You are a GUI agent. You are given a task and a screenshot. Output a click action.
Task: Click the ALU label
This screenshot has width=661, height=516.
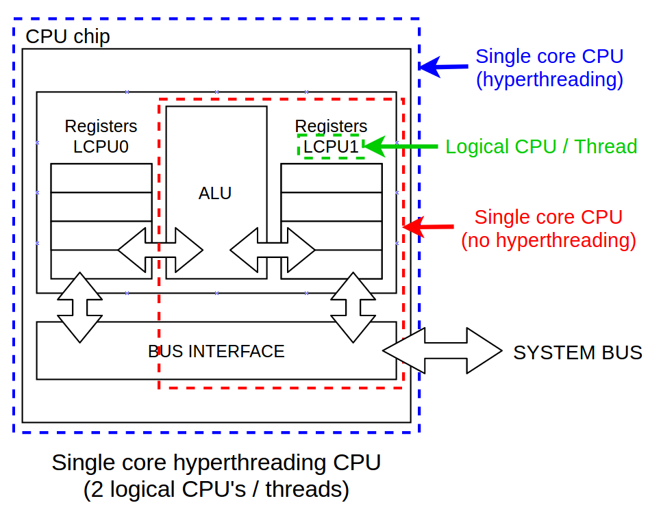pyautogui.click(x=215, y=194)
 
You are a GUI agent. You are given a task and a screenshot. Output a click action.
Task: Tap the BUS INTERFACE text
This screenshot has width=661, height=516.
pyautogui.click(x=216, y=351)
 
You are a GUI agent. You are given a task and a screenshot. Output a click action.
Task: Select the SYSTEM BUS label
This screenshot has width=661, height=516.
pyautogui.click(x=577, y=352)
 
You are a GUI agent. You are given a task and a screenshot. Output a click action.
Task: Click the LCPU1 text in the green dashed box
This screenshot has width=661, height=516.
pyautogui.click(x=332, y=146)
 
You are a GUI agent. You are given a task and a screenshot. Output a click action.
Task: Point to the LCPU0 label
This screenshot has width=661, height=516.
pyautogui.click(x=101, y=146)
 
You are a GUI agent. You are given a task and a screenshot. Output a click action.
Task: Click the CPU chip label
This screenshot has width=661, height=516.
pyautogui.click(x=67, y=36)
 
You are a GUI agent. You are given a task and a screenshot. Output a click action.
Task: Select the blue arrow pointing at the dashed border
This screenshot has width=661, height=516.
pyautogui.click(x=442, y=66)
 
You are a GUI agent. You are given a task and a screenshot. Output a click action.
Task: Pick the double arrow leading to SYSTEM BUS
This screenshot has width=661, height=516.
pyautogui.click(x=442, y=350)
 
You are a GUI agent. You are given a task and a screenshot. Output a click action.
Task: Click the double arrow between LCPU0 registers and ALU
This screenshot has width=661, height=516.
pyautogui.click(x=160, y=250)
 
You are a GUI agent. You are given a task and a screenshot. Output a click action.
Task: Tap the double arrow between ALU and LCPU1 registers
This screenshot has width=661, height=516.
pyautogui.click(x=273, y=250)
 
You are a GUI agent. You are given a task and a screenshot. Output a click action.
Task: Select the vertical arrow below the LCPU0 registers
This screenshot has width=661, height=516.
pyautogui.click(x=80, y=307)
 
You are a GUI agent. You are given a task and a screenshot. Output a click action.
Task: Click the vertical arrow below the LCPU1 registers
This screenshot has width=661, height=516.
pyautogui.click(x=353, y=307)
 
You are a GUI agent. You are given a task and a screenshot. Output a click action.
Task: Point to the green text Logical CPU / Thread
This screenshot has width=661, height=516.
pyautogui.click(x=541, y=146)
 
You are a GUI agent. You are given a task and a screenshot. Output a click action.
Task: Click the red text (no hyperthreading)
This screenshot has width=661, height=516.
pyautogui.click(x=548, y=241)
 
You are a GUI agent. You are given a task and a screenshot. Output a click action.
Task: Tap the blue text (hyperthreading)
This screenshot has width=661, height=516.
pyautogui.click(x=549, y=80)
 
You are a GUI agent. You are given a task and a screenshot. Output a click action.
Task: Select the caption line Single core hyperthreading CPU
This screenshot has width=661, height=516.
pyautogui.click(x=216, y=463)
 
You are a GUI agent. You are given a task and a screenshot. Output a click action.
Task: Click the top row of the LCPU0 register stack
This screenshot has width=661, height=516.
pyautogui.click(x=101, y=178)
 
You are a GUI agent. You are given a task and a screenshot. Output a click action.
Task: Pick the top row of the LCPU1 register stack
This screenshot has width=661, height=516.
pyautogui.click(x=332, y=178)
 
